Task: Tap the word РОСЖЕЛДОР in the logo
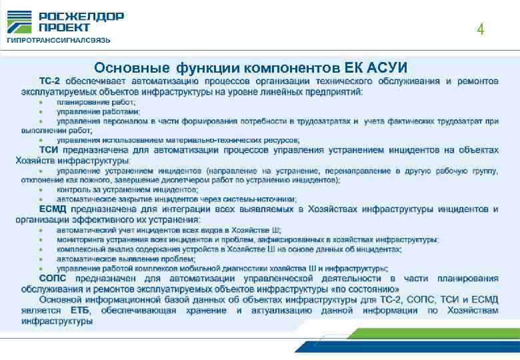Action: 81,17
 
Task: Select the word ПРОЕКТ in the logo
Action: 64,27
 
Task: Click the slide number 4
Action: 480,30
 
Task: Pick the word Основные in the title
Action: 133,67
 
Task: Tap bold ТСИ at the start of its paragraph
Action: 49,150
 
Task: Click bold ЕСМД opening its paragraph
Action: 54,209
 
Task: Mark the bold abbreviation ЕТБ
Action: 79,311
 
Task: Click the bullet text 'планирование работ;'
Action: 96,103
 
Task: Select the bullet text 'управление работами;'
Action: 98,112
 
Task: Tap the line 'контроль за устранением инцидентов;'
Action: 127,189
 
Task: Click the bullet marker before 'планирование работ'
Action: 41,103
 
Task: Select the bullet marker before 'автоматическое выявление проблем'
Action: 41,259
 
